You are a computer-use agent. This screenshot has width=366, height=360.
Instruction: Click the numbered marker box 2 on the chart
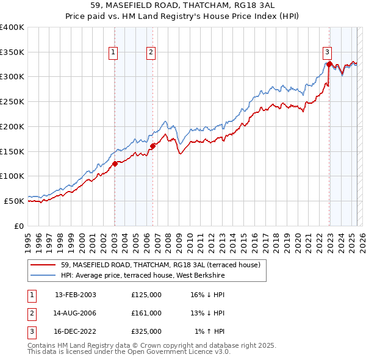click(150, 53)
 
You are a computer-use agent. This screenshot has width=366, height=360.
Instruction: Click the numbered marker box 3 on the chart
click(328, 53)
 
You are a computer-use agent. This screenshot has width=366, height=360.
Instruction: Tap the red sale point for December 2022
click(329, 63)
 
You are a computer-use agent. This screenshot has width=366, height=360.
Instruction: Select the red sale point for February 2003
click(115, 163)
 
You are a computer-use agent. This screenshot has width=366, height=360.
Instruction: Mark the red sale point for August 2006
click(152, 145)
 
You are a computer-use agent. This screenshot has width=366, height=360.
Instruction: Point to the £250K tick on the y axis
click(12, 102)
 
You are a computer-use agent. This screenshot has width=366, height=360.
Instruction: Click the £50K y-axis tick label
click(14, 201)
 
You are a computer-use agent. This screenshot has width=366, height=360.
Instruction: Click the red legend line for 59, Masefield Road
click(43, 265)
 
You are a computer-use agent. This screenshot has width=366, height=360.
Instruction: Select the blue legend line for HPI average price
click(43, 276)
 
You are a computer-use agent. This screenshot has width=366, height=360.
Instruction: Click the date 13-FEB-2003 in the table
click(76, 295)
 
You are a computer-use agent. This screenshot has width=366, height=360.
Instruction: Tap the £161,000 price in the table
click(146, 313)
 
